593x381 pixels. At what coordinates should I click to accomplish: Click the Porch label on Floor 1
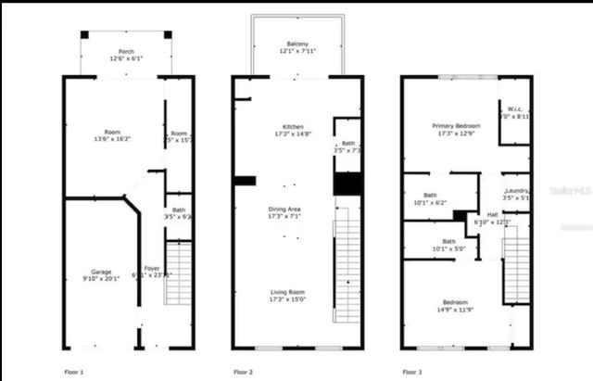point(126,51)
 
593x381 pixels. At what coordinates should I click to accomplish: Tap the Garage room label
point(101,273)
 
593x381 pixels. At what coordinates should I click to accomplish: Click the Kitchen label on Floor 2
point(293,127)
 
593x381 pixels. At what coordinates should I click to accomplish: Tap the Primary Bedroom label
point(454,125)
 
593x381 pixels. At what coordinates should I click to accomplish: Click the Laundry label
point(515,190)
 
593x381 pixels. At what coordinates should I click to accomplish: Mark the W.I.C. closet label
point(514,109)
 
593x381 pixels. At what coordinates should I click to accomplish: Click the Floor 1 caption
point(74,372)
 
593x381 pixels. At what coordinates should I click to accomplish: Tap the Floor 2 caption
point(243,372)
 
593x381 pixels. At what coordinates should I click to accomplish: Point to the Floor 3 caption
point(413,372)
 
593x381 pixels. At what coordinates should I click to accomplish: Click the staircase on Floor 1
point(177,273)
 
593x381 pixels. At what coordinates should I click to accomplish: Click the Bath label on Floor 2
point(348,143)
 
